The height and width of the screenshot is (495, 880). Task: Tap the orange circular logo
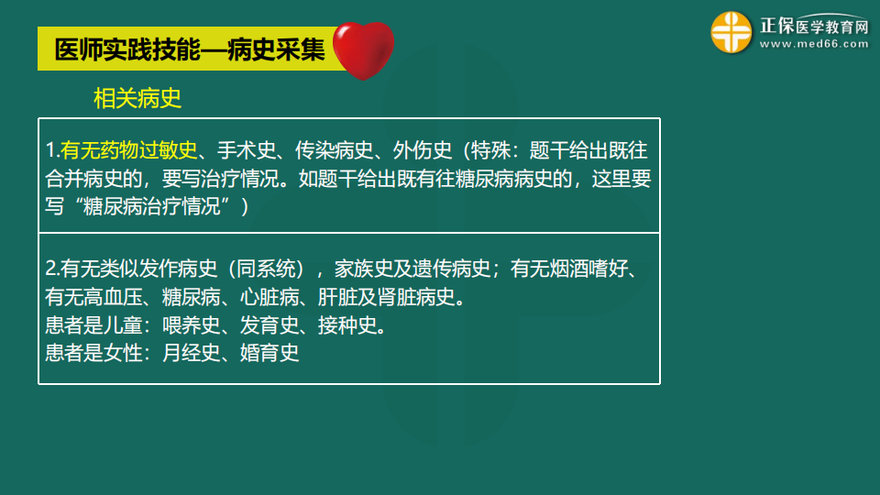click(x=731, y=32)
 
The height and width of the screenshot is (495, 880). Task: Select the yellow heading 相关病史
click(x=137, y=99)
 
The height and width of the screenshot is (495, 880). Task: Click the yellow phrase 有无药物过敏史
click(x=129, y=150)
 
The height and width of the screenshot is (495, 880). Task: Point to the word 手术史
click(x=243, y=150)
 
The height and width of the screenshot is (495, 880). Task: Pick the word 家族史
click(x=364, y=269)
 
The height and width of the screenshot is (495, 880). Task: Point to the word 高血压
click(x=116, y=297)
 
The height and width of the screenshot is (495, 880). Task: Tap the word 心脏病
click(x=269, y=297)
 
